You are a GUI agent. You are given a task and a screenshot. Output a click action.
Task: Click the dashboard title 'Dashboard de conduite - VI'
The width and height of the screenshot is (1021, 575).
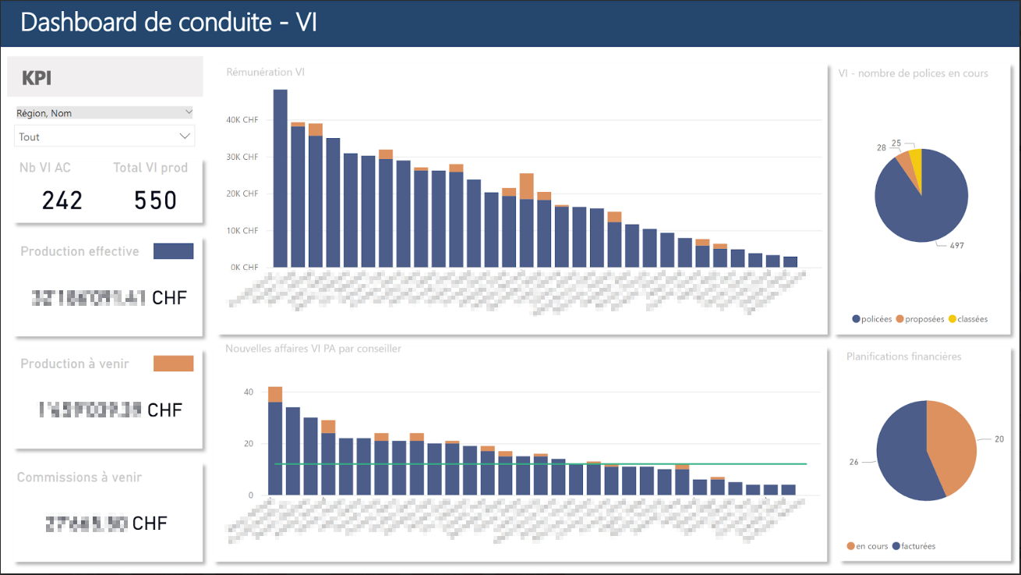click(168, 23)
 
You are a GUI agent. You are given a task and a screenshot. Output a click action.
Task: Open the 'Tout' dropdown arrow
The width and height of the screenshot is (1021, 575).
click(185, 137)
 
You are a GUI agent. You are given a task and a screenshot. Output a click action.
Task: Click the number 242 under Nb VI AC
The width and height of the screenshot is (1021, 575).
click(62, 201)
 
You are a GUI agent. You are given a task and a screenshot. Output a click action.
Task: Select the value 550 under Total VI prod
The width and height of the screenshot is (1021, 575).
click(155, 201)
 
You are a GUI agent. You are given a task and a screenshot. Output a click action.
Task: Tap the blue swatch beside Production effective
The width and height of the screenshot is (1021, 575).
click(173, 251)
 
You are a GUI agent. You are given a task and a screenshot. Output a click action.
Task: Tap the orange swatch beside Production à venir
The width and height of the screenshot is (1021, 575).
click(173, 364)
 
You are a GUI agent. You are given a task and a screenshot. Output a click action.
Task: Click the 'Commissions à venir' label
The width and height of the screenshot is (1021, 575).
click(79, 477)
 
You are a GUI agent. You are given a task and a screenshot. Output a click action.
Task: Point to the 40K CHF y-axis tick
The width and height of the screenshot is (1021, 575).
click(242, 120)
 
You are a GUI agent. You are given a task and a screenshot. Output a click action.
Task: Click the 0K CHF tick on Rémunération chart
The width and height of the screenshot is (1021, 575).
click(245, 268)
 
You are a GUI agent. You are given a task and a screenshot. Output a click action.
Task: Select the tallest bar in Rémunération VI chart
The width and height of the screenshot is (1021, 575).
click(280, 179)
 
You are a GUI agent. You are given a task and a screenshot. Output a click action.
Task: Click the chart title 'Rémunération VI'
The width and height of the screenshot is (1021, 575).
click(265, 73)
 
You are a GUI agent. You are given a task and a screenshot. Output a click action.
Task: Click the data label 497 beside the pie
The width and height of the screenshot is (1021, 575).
click(956, 246)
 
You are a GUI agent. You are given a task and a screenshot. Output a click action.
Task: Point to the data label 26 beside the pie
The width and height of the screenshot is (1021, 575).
click(853, 462)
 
